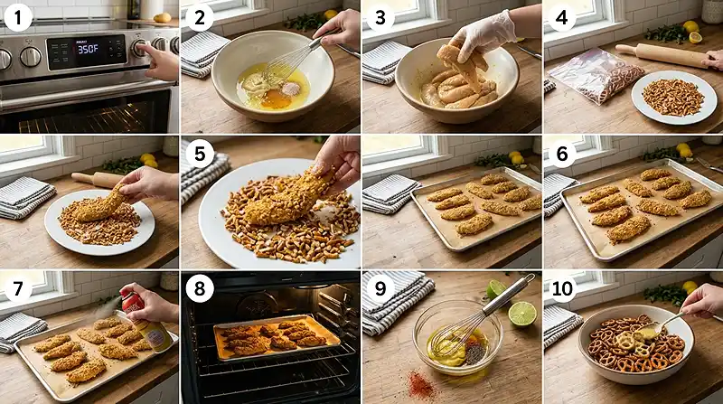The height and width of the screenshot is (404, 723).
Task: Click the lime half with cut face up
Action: click(x=521, y=314)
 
